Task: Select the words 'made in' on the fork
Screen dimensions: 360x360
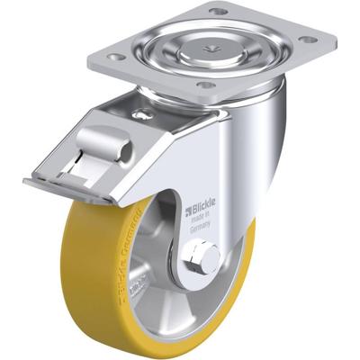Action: click(x=204, y=223)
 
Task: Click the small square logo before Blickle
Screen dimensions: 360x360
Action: click(x=188, y=213)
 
